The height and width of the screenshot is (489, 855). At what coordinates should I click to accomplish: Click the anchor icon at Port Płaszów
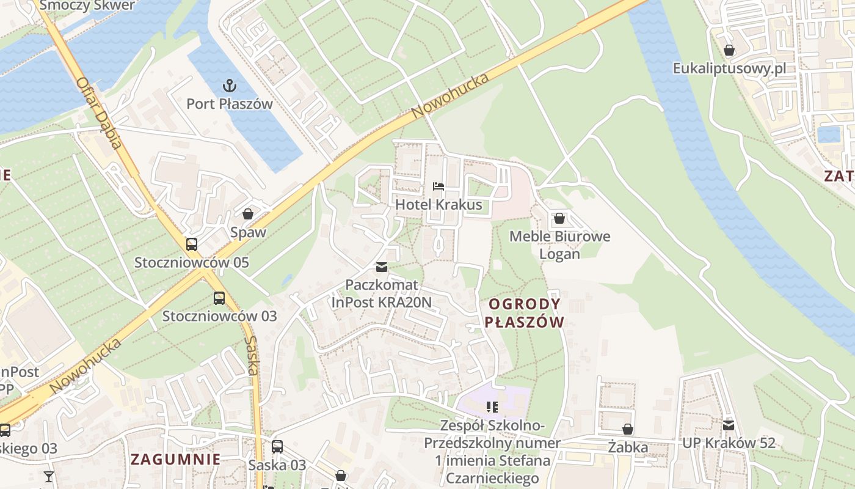coord(230,86)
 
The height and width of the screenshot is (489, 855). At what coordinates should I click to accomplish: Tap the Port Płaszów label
coord(230,104)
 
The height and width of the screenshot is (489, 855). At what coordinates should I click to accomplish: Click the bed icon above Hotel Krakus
coord(438,186)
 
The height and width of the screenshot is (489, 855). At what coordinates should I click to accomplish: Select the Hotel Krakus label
coord(438,205)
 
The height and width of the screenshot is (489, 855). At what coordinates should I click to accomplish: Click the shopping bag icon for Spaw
coord(248,214)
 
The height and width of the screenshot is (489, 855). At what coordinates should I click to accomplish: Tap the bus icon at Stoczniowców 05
coord(192,244)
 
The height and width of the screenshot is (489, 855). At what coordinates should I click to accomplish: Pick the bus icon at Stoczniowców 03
coord(219,298)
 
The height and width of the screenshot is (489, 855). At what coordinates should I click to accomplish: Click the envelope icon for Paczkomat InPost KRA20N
coord(382,267)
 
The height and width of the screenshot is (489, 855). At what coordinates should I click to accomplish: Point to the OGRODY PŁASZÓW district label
coord(525,313)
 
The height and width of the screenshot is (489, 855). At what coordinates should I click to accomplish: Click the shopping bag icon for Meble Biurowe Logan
coord(559,218)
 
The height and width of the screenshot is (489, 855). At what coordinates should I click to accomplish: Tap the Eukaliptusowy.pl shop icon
coord(729,50)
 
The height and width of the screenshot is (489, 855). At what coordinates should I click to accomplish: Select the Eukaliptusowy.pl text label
coord(729,68)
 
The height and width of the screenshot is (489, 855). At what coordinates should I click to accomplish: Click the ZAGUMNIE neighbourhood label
coord(175,459)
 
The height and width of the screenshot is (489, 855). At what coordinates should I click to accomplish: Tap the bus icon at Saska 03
coord(277,446)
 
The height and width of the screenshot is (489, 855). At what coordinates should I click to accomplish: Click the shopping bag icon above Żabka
coord(627,429)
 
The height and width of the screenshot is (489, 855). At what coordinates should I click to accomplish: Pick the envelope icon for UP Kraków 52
coord(729,425)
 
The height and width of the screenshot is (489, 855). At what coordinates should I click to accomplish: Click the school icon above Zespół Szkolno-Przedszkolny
coord(492,406)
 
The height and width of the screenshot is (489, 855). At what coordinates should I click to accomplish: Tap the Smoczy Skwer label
coord(87,6)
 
